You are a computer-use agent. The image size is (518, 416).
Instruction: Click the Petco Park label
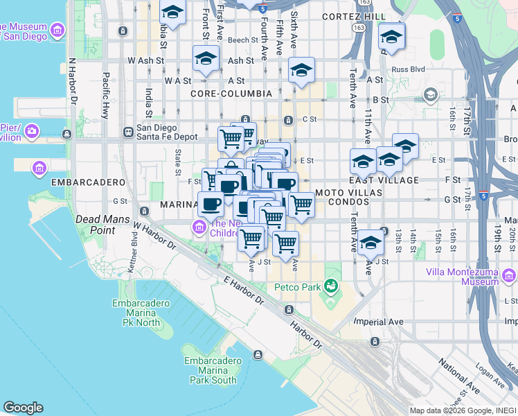point(298,286)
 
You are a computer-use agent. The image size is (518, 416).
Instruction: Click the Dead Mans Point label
point(95,225)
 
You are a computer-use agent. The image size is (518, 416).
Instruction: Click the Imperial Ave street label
point(378,322)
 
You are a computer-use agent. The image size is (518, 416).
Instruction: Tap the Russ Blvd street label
point(408,69)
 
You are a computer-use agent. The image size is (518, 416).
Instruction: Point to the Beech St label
point(243,40)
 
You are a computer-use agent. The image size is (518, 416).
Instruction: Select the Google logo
point(23,408)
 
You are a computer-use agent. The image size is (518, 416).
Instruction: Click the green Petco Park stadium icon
point(332,285)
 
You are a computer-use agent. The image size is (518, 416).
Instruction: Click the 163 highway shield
point(358,27)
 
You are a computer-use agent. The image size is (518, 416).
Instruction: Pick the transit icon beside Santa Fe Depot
point(128,132)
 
